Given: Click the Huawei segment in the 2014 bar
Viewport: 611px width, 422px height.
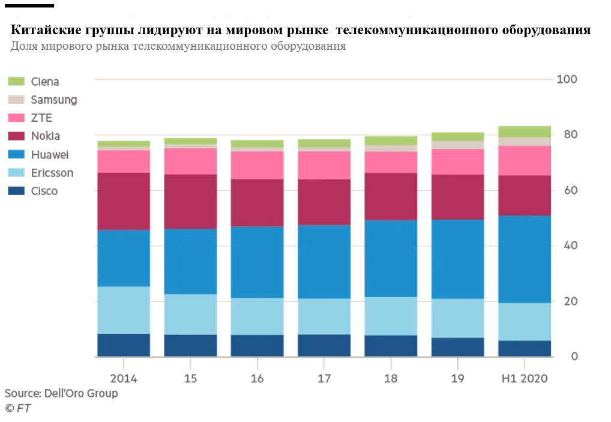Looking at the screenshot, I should (x=124, y=258).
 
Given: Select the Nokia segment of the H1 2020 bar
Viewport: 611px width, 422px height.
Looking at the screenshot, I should (x=525, y=195).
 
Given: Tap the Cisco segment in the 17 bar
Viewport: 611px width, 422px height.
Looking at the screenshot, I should (x=324, y=345).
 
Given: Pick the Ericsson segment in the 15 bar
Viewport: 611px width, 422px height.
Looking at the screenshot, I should (x=190, y=314).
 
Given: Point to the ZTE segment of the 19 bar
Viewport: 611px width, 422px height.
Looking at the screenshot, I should (x=458, y=161).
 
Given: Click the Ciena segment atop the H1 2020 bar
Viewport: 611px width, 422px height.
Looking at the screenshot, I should (x=525, y=131).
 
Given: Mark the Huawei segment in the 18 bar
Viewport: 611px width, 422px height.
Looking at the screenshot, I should (x=391, y=258).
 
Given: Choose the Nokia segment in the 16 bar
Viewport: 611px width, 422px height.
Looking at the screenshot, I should (x=257, y=202).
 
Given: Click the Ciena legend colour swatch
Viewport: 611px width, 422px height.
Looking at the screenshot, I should (x=16, y=82).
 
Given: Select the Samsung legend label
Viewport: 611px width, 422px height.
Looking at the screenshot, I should (x=54, y=100).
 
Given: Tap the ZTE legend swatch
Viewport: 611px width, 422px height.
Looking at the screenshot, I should (x=16, y=118).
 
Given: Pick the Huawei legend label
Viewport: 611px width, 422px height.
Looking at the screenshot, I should (x=50, y=155).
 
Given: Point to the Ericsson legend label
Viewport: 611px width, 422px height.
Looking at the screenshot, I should (x=52, y=173).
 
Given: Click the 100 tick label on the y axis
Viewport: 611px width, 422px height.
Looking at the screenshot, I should (x=567, y=79).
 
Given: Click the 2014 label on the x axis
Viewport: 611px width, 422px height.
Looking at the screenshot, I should (x=124, y=379).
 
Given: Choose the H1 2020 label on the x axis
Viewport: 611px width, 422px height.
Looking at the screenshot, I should (x=524, y=379).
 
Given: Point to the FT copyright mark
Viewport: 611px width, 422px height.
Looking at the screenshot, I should (x=18, y=408).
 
